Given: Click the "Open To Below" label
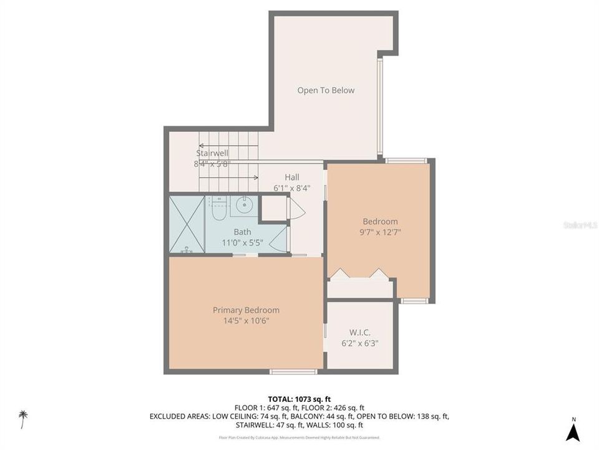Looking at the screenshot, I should (325, 90).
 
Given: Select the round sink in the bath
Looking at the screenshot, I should (244, 204).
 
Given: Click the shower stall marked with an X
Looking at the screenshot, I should (187, 224).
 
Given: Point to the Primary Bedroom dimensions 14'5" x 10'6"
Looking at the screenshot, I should (245, 321).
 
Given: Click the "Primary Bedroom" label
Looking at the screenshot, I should (245, 310).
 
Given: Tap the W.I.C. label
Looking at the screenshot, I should (359, 332).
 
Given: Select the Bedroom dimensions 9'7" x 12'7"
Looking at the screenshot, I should (380, 232).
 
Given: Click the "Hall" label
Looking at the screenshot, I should (291, 177).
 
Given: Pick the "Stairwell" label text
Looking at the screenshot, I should (212, 152).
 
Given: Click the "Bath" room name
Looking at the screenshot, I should (242, 232).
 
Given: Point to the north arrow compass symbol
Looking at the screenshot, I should (573, 431).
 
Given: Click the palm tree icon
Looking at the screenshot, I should (23, 418).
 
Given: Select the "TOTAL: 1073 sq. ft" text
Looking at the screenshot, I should (299, 399).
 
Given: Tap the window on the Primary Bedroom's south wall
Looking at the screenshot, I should (293, 372).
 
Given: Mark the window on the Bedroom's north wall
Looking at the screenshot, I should (406, 161).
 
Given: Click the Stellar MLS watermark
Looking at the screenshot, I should (580, 224).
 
